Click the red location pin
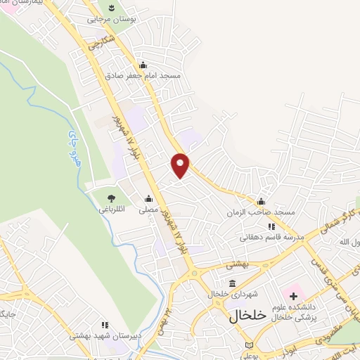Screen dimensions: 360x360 click(x=181, y=165)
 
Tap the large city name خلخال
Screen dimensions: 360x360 click(x=247, y=316)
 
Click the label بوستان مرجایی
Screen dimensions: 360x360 click(x=110, y=20)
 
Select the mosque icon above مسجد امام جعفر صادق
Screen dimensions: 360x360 click(x=143, y=65)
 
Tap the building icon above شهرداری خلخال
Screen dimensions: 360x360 click(x=232, y=283)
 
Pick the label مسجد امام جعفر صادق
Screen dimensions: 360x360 click(x=143, y=75)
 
